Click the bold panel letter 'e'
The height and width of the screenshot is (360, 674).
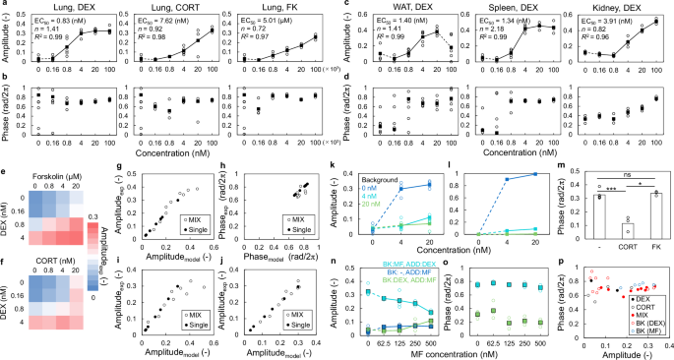pos(5,173)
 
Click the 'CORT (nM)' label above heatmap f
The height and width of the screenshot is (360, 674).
pos(67,263)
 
